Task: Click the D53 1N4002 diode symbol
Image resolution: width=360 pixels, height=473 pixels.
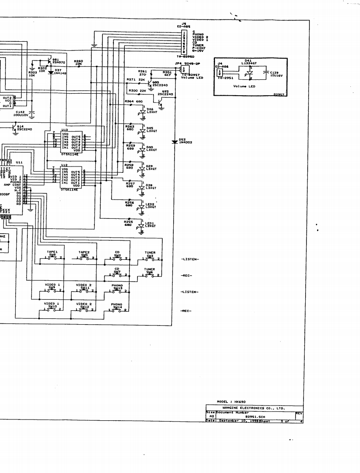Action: point(175,142)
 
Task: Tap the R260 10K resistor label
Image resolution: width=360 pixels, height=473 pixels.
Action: point(78,62)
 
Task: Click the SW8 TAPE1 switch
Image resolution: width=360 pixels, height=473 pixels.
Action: point(52,258)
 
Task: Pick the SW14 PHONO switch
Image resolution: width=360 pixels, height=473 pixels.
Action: point(116,310)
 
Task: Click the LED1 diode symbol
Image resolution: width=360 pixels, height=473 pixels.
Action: point(142,226)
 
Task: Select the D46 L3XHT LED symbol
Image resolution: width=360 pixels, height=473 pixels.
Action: point(142,111)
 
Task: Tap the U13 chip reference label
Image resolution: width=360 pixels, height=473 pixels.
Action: point(64,130)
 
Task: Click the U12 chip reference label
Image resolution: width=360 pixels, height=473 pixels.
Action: point(64,165)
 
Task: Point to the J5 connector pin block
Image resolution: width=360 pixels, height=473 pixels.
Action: point(184,42)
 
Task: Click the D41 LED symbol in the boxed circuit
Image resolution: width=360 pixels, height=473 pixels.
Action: point(249,73)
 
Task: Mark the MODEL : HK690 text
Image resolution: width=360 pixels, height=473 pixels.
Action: point(231,402)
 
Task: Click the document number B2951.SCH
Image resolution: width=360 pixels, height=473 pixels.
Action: point(255,417)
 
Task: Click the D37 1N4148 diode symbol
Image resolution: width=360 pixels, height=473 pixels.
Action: point(51,73)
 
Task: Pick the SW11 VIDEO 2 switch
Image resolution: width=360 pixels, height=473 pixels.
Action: point(83,290)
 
